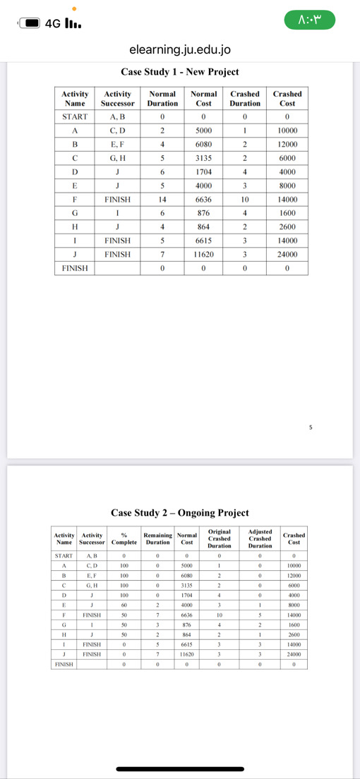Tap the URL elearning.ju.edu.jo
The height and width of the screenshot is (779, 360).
180,50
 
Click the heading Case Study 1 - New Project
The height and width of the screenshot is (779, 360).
180,72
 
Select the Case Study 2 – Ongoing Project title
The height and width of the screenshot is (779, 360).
180,513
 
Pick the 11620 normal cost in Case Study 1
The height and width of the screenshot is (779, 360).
203,254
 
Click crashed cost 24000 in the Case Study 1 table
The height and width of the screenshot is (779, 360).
287,254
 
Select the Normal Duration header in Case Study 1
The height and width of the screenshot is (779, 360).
162,98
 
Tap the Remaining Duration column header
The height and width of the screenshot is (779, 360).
157,538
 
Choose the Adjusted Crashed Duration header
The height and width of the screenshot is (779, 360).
260,538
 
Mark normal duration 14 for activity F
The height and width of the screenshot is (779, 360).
162,200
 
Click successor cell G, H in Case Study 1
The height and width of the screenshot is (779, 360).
119,158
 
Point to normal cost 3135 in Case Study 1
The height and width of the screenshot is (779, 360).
203,158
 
